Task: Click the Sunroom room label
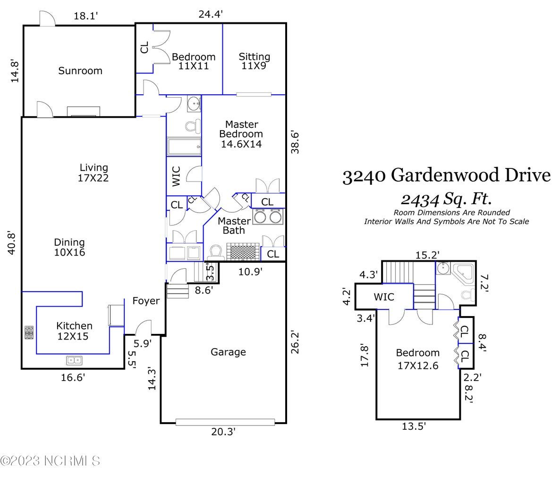[80, 71]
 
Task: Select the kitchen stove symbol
[29, 333]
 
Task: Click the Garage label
[228, 352]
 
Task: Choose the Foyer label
[145, 301]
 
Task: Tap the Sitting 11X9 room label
[254, 61]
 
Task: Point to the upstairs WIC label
[384, 298]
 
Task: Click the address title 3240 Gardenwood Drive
[446, 176]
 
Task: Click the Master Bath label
[234, 225]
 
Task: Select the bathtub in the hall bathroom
[183, 147]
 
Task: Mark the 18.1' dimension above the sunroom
[86, 16]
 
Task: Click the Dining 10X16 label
[69, 247]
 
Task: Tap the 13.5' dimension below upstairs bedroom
[414, 426]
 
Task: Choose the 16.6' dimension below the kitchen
[73, 377]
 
